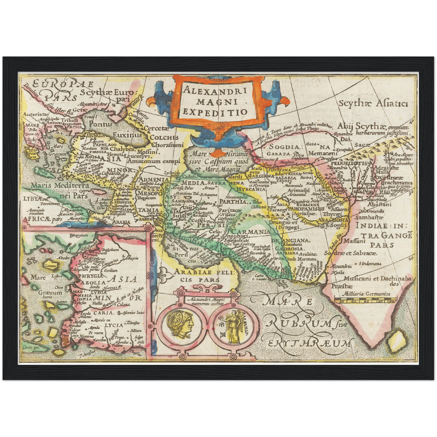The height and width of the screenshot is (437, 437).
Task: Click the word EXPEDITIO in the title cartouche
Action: coord(215,112)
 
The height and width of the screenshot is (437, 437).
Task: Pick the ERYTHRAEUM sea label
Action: coord(310,344)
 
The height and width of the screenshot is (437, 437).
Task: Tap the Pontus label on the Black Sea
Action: coord(101,124)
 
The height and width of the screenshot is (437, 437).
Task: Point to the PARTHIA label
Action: coord(233,201)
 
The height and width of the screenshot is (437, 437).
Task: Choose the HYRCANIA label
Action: coord(246,189)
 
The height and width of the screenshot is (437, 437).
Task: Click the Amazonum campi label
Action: coord(154,161)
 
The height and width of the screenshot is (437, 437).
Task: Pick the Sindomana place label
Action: coord(370,264)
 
